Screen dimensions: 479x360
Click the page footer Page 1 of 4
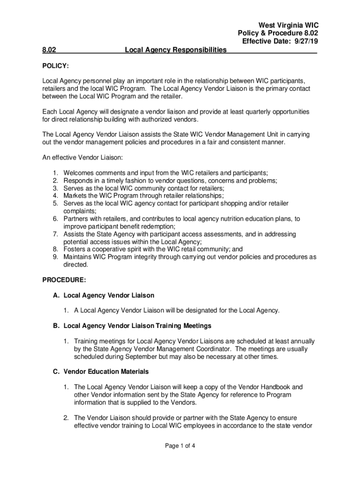coord(180,446)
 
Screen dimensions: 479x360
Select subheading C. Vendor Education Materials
coord(101,371)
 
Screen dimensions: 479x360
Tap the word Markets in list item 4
coord(75,196)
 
